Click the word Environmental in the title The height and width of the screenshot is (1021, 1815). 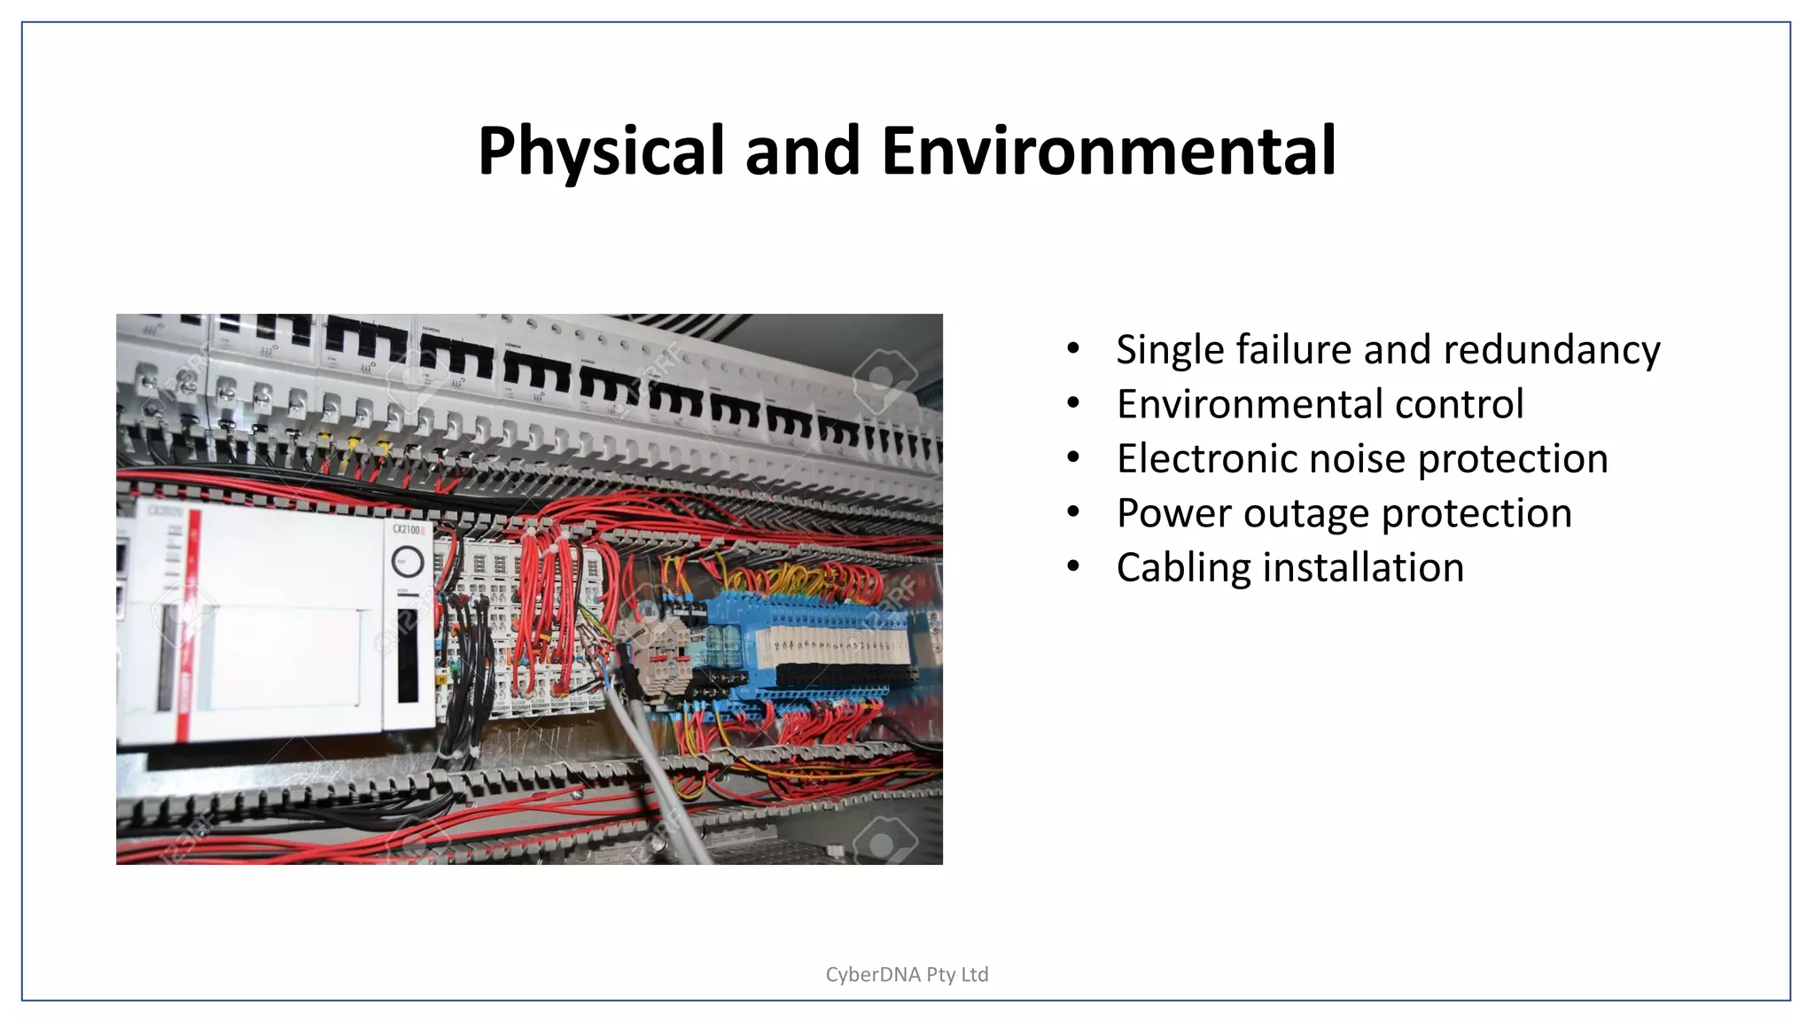pos(1108,151)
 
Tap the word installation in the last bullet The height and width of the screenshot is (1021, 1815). pos(1363,567)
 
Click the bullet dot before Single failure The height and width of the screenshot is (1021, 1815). pos(1073,348)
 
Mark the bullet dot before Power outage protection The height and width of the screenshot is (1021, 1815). pos(1073,512)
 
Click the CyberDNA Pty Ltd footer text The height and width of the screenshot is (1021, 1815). pos(907,974)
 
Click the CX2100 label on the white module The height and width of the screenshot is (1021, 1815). pos(406,529)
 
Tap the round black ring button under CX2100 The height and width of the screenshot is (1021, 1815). pos(408,561)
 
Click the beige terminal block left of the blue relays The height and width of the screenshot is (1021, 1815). pos(656,656)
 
